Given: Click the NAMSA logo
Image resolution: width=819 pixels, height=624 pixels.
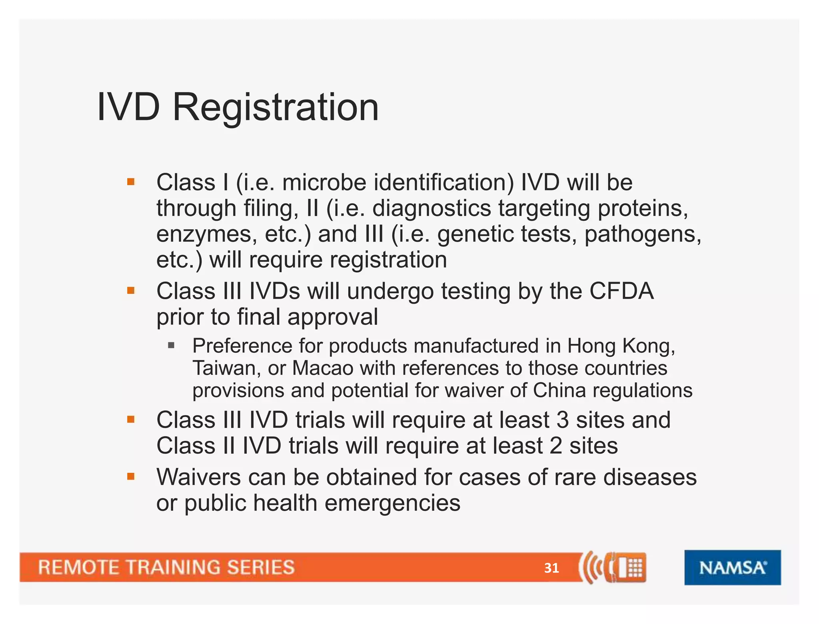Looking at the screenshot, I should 732,567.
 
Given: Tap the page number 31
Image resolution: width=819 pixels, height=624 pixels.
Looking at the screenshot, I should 551,568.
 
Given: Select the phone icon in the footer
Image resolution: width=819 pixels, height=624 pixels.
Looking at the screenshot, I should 612,567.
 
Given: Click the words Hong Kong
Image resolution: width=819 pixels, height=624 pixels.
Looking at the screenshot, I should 621,346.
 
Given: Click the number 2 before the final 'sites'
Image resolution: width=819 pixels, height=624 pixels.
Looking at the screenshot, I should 555,446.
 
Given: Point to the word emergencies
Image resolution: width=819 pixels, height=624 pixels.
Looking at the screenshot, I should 392,503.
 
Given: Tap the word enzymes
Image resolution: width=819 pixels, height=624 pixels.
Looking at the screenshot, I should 206,235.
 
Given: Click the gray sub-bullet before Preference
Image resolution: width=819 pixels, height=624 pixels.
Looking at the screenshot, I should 172,345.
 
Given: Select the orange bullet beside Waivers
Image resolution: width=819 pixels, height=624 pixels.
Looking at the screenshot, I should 131,476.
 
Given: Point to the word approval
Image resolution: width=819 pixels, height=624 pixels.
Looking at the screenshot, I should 332,317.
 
